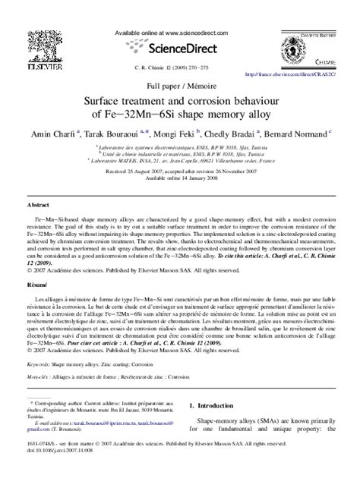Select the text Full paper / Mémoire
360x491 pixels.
point(180,87)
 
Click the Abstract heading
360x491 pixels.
point(39,205)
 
